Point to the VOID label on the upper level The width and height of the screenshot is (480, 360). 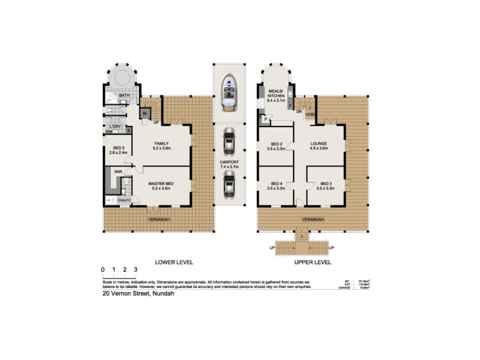tap(310, 113)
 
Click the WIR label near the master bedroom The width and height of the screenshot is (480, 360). tap(118, 172)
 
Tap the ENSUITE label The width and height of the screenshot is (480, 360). tap(124, 200)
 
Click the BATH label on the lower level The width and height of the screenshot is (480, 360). tap(124, 95)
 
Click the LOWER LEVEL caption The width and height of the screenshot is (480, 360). tap(174, 263)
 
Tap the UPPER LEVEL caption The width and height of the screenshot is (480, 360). tap(313, 263)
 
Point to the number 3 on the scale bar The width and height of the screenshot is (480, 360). tap(136, 269)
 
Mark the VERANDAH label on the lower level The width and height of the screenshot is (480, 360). tap(160, 220)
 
